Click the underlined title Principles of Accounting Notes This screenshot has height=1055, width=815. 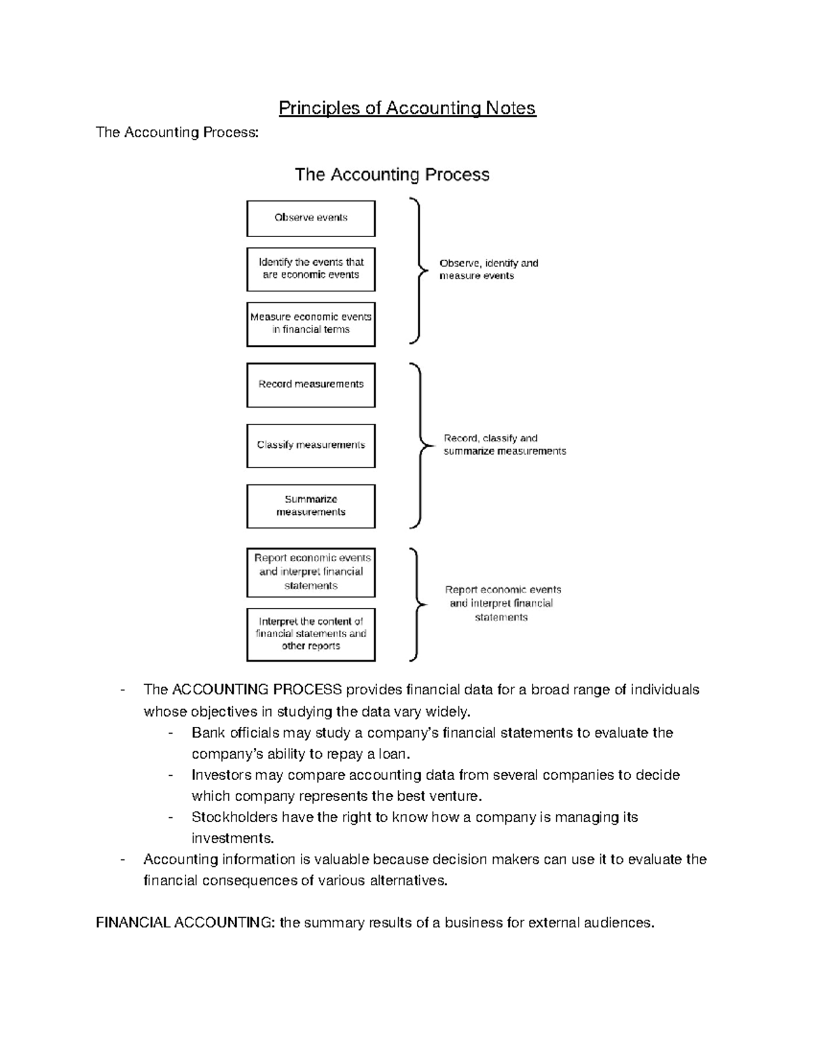[x=407, y=108]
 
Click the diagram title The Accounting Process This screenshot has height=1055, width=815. [x=392, y=175]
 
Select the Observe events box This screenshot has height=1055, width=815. [x=311, y=218]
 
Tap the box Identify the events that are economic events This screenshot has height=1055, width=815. [x=311, y=269]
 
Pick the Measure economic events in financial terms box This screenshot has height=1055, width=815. [x=311, y=323]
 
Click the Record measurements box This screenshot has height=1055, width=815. [x=311, y=385]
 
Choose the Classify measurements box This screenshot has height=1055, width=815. [x=311, y=446]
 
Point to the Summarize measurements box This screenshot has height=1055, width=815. [x=311, y=506]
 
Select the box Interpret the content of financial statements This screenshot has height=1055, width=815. [x=311, y=634]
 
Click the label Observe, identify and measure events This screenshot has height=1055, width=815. [x=488, y=270]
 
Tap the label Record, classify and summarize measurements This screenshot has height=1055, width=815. [x=504, y=445]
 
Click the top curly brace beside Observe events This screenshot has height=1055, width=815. [x=418, y=270]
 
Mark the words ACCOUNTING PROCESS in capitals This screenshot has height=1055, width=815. [x=257, y=690]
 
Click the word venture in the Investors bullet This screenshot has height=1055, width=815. [x=456, y=796]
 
